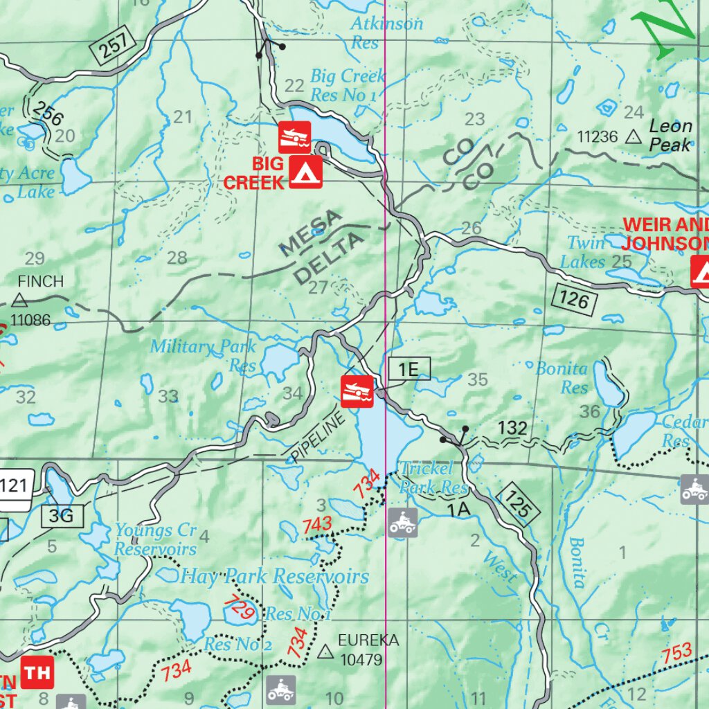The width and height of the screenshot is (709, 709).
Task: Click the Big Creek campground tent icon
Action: tap(305, 172)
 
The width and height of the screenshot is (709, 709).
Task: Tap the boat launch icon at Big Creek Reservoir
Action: tap(294, 137)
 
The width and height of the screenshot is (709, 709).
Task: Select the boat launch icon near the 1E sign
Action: tap(357, 391)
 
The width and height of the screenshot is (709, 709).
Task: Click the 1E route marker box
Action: tap(409, 370)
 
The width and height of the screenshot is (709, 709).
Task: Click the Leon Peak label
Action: tap(670, 135)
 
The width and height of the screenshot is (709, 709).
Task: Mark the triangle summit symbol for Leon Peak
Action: tap(632, 136)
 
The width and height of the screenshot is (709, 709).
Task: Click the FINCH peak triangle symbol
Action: tap(19, 300)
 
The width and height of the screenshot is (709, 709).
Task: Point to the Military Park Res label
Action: tap(204, 355)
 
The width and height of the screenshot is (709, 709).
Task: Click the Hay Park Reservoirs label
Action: tap(275, 576)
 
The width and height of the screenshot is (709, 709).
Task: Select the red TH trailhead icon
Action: tap(37, 672)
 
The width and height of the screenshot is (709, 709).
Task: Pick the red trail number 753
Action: tap(676, 652)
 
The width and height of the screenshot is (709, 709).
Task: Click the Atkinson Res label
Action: tap(386, 32)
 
